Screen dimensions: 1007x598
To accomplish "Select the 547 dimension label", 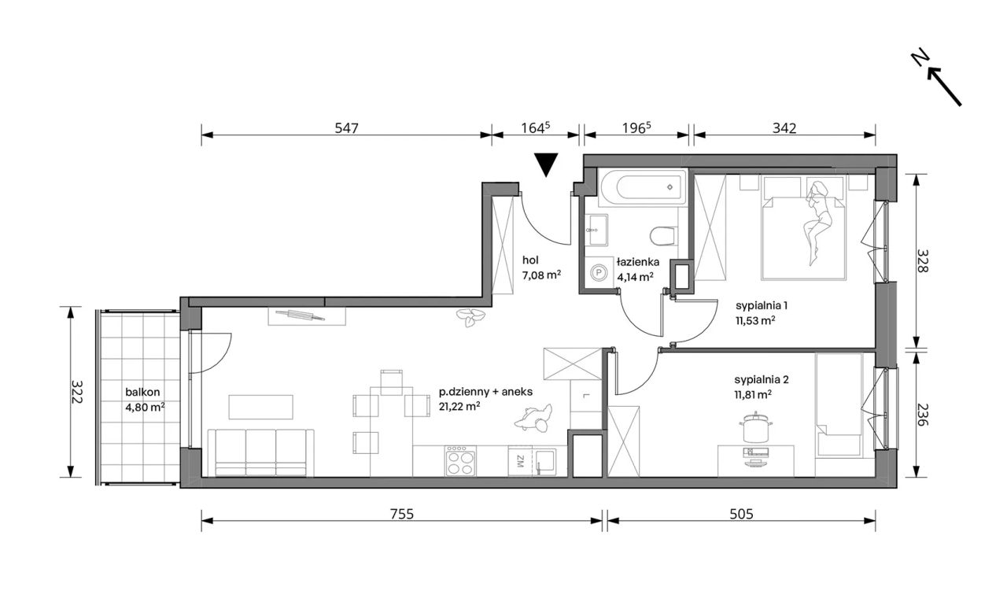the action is pyautogui.click(x=347, y=128).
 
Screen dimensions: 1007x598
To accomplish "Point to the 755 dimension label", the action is pyautogui.click(x=401, y=514).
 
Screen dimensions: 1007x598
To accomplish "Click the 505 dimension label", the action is pyautogui.click(x=741, y=514).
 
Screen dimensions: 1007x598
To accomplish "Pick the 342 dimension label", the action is pyautogui.click(x=784, y=128).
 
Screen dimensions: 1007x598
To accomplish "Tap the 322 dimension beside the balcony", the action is pyautogui.click(x=77, y=392).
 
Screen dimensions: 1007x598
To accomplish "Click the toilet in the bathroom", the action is pyautogui.click(x=663, y=235).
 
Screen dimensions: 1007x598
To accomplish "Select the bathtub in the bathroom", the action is pyautogui.click(x=643, y=187).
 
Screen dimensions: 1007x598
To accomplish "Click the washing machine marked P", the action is pyautogui.click(x=599, y=272).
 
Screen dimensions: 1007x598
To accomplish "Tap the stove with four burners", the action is pyautogui.click(x=460, y=461).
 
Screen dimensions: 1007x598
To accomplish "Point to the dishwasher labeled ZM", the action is pyautogui.click(x=520, y=461).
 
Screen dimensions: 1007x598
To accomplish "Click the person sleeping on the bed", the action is pyautogui.click(x=818, y=222).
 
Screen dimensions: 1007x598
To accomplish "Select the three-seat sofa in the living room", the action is pyautogui.click(x=260, y=452).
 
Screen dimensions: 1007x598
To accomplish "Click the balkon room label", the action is pyautogui.click(x=142, y=392).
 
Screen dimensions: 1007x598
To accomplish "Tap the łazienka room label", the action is pyautogui.click(x=638, y=262).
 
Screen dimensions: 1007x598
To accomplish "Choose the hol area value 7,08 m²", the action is pyautogui.click(x=541, y=275).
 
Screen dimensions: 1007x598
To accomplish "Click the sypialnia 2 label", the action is pyautogui.click(x=762, y=380).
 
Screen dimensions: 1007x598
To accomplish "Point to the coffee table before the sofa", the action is pyautogui.click(x=260, y=407).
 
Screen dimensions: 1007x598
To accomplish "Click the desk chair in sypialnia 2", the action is pyautogui.click(x=756, y=427).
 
